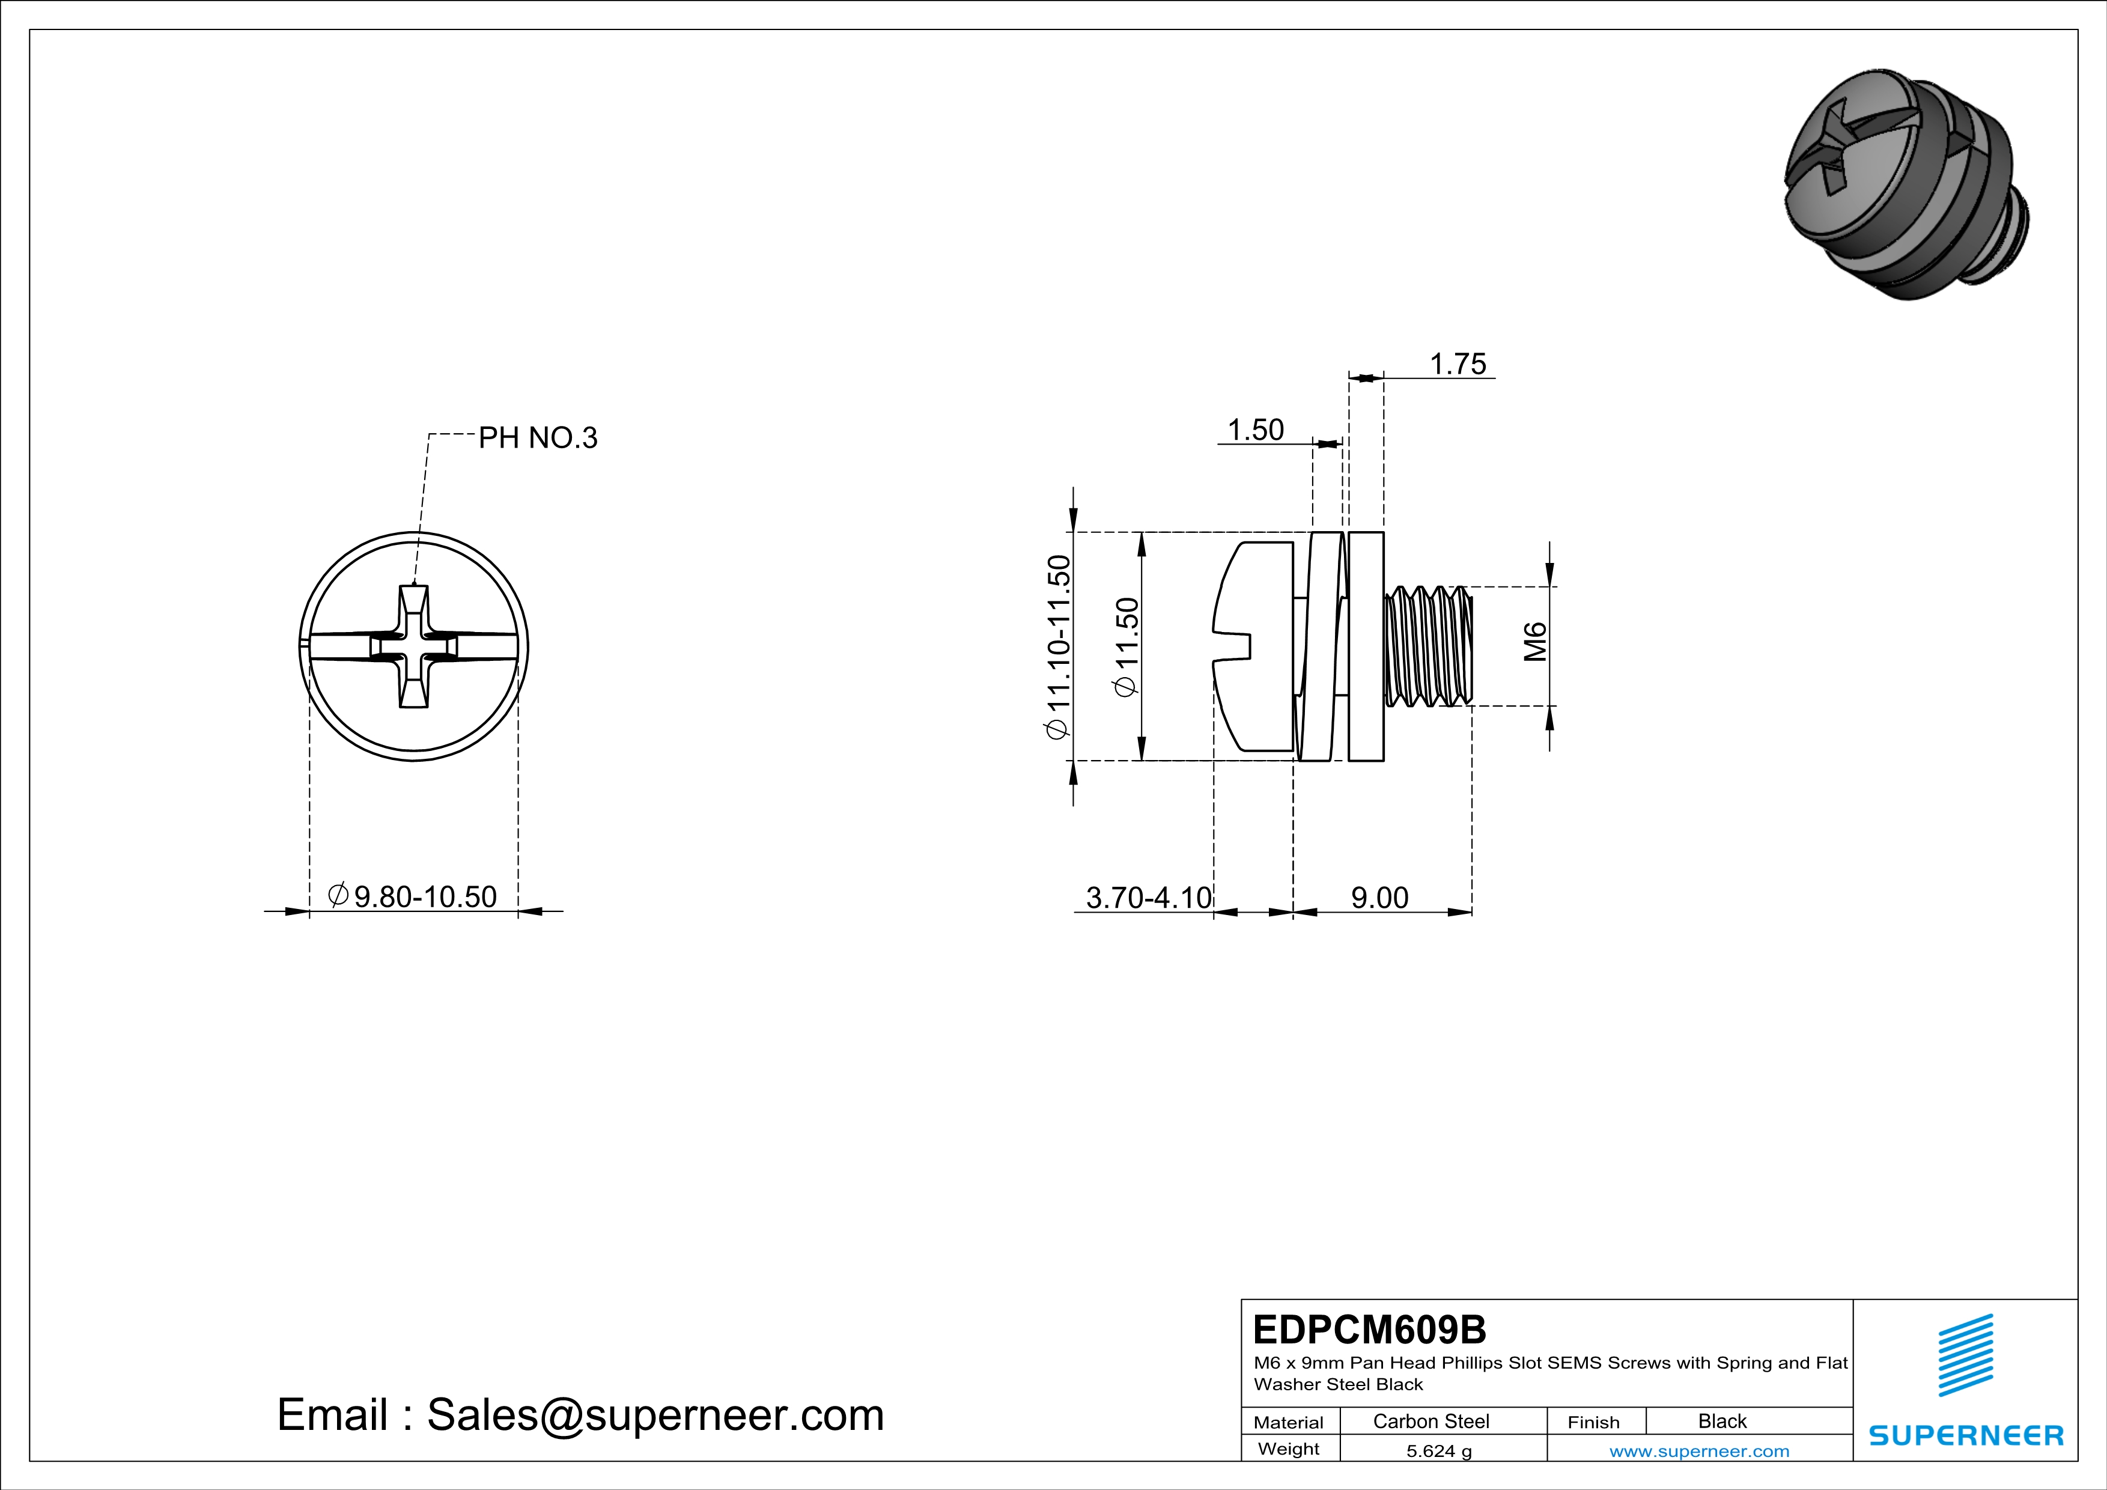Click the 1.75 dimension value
click(x=1458, y=364)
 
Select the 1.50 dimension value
click(x=1256, y=430)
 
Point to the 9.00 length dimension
click(x=1379, y=897)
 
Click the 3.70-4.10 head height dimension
click(x=1148, y=897)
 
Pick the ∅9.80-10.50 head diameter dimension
click(x=413, y=896)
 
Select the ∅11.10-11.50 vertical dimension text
click(x=1058, y=647)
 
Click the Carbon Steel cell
click(x=1431, y=1421)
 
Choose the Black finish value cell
click(x=1721, y=1421)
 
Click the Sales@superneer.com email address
click(x=655, y=1415)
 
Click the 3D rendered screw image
click(x=1904, y=183)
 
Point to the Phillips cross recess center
click(x=414, y=647)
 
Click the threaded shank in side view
click(x=1428, y=647)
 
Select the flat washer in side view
click(x=1366, y=647)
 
